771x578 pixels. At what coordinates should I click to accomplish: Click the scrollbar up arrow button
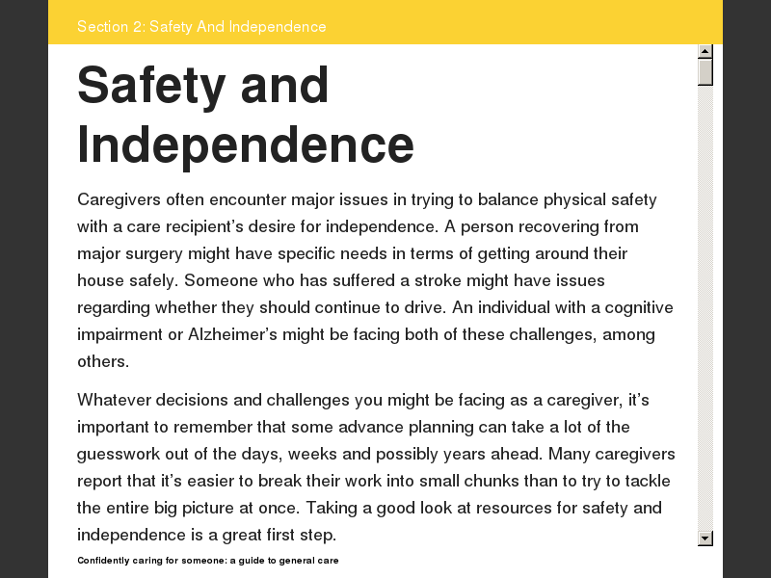click(x=705, y=51)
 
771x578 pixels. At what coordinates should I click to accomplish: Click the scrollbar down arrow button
click(x=705, y=538)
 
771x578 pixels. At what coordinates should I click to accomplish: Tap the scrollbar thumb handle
click(x=705, y=72)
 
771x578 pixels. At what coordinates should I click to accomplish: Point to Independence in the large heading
click(x=246, y=144)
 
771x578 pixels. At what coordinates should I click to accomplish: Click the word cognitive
click(x=634, y=308)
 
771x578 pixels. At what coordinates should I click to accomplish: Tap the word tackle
click(x=646, y=481)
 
